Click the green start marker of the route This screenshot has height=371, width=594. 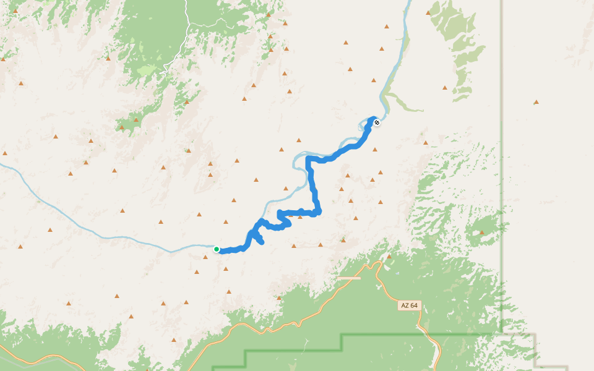click(217, 249)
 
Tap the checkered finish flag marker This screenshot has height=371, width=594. click(376, 122)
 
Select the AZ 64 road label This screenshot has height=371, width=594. click(410, 305)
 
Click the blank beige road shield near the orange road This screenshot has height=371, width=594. click(348, 278)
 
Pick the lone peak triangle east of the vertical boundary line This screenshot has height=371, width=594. click(536, 102)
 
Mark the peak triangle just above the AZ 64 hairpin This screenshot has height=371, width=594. click(389, 255)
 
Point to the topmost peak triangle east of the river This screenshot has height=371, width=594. click(428, 12)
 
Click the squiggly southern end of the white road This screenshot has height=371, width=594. click(165, 71)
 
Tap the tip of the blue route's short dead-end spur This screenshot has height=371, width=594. click(262, 242)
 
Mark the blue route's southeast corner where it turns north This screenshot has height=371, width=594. click(318, 213)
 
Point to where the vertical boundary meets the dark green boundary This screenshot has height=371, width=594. click(501, 335)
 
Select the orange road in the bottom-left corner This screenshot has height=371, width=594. click(37, 357)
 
